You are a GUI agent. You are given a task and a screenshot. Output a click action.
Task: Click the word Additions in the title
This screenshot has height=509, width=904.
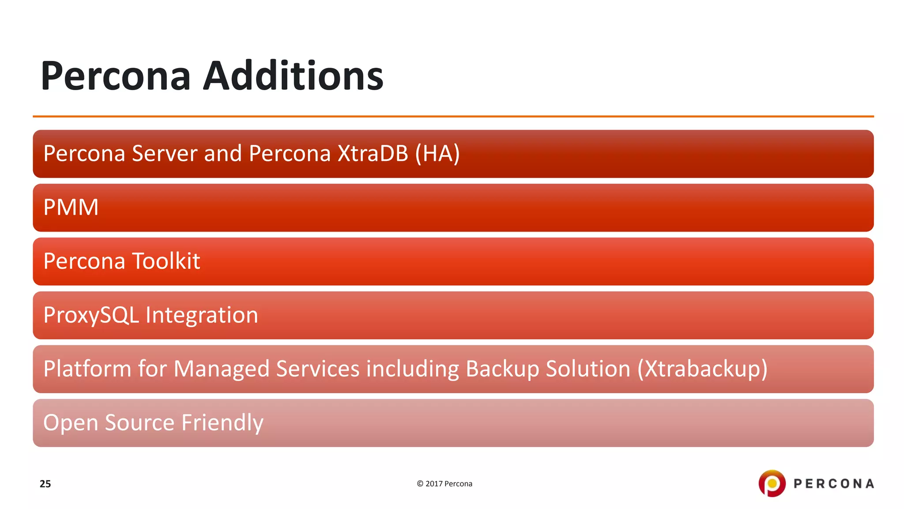point(293,76)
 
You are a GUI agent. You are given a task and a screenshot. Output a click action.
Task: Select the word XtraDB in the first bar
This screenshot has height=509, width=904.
point(373,154)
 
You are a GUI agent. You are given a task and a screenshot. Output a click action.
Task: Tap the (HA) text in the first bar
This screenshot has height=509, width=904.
point(437,154)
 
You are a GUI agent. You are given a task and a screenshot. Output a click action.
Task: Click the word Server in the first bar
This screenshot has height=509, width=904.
point(164,154)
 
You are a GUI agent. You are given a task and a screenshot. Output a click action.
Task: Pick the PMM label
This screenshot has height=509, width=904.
point(71,207)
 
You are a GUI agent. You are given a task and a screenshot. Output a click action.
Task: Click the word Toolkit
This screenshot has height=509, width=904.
point(166,261)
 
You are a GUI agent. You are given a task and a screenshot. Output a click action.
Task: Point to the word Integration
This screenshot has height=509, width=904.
point(202,315)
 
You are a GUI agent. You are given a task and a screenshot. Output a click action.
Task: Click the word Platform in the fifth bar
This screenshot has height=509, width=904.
point(87,369)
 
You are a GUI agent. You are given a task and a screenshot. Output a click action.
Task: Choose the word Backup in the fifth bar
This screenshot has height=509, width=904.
point(502,369)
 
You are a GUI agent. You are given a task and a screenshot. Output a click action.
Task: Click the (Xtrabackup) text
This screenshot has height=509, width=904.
point(702,369)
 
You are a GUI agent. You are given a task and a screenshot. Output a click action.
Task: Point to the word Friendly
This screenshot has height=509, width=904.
point(222,423)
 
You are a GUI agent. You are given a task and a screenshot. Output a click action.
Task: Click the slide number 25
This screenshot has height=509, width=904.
point(45,484)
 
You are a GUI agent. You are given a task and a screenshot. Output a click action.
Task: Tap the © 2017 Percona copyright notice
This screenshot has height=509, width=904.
point(444,484)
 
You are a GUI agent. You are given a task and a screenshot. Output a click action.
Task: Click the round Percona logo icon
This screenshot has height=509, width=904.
point(772,483)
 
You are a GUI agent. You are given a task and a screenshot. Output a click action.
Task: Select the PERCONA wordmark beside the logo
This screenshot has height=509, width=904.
point(834,484)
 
